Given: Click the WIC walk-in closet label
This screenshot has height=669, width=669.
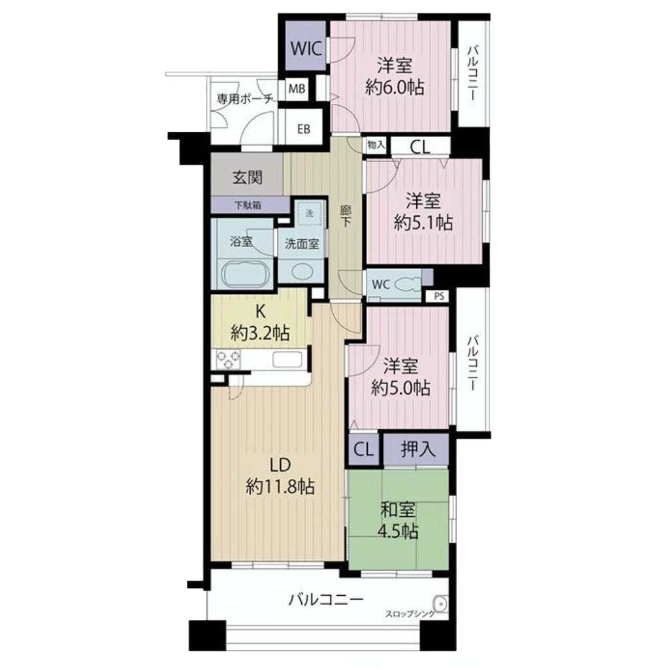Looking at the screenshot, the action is pos(306,48).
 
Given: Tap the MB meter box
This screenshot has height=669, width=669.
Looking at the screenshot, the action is pos(297,89).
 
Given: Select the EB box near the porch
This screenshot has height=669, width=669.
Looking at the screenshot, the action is pos(304,129).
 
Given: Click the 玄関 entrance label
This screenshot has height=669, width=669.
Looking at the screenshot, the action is pos(248,177).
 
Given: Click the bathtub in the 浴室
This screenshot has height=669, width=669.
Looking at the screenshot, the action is pos(246,274).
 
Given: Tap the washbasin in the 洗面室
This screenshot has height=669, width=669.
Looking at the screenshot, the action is pos(302,272).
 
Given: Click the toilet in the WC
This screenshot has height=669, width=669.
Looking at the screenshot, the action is pos(408,284).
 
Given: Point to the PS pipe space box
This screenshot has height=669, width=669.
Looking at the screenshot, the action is pos(439,296).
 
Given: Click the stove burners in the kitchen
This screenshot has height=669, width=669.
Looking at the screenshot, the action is pos(228,359).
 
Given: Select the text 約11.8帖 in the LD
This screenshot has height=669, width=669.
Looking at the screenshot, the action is pos(280,486).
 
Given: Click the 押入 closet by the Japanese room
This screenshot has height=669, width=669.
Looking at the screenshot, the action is pos(417,449).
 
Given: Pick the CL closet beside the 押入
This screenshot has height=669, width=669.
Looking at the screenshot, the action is pos(363,449).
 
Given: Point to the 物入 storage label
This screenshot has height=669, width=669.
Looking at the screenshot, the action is pos(376,145).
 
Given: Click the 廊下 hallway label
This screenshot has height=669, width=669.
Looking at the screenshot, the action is pos(346,216).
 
